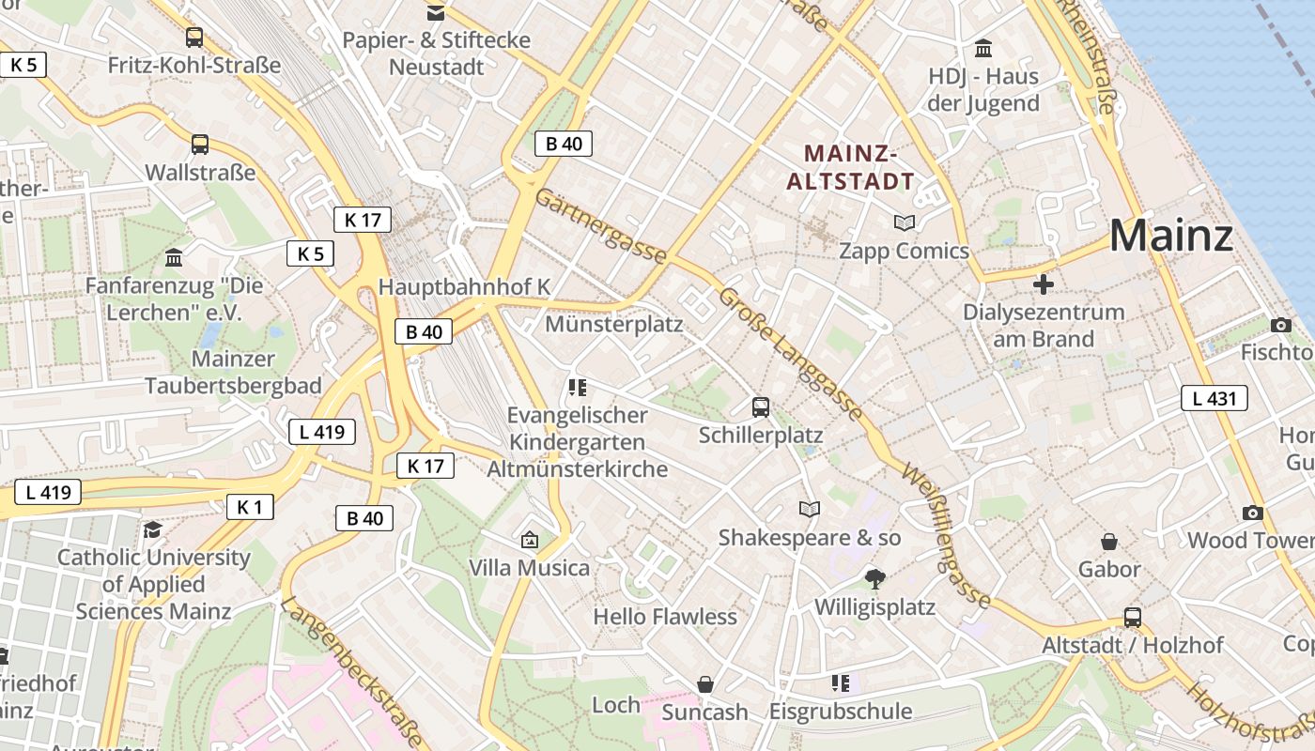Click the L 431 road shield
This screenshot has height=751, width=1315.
point(1214,398)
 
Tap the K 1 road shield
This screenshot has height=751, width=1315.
point(250,507)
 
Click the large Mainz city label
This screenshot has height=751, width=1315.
point(1170,236)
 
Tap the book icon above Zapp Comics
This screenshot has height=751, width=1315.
point(905,222)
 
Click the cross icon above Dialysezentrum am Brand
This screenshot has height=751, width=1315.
point(1043,284)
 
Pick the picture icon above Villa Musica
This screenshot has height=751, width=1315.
point(530,540)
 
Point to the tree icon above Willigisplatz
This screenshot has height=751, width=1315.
point(875,578)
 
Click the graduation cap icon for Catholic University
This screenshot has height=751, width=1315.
point(152,529)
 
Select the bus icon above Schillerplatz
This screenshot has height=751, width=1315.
point(761,407)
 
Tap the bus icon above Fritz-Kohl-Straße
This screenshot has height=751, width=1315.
point(194,38)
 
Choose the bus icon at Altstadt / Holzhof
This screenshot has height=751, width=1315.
point(1133,618)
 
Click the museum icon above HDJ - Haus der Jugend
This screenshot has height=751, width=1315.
point(983,48)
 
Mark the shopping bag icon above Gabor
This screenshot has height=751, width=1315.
point(1109,542)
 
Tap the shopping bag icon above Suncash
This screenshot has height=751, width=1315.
point(705,684)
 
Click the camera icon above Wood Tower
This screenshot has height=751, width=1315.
point(1252,513)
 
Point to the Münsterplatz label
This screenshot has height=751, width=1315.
point(614,325)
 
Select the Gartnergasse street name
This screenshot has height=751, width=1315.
point(601,226)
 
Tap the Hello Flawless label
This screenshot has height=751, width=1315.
point(665,617)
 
